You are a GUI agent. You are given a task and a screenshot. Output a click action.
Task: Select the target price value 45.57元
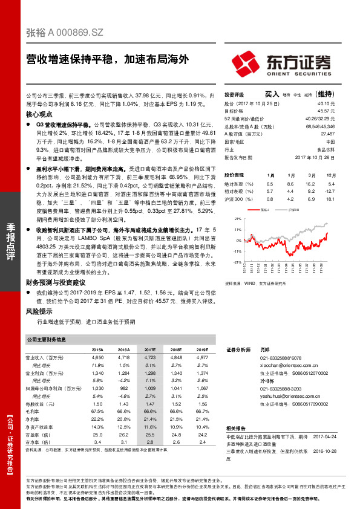326,111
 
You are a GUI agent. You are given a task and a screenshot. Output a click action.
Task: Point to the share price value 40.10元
326,103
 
